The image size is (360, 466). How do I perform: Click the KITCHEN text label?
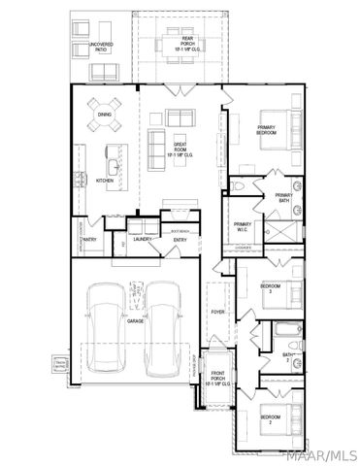105,181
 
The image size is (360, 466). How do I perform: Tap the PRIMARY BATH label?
283,198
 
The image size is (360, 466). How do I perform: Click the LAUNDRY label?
144,239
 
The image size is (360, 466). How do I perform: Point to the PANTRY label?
87,239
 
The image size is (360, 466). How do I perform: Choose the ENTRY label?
180,239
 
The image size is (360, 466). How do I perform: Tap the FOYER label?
218,312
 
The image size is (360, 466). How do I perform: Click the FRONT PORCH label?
218,381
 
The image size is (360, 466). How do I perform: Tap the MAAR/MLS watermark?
324,454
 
